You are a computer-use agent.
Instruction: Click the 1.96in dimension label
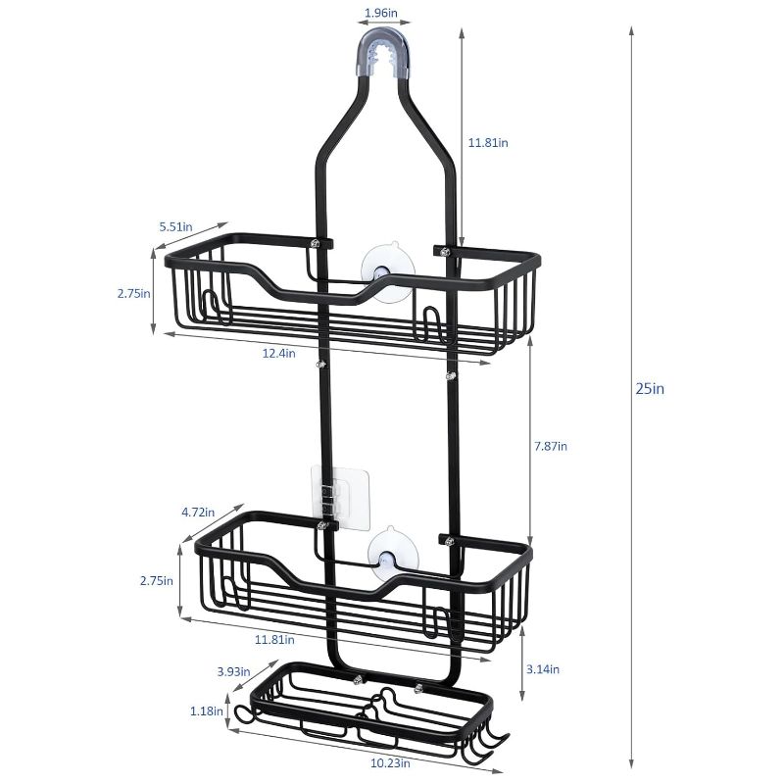(x=381, y=13)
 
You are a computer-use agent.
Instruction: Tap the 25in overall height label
(x=650, y=388)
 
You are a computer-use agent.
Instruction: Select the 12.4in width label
(x=279, y=353)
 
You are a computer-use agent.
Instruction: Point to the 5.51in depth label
(x=176, y=227)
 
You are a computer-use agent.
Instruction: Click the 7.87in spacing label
(x=551, y=446)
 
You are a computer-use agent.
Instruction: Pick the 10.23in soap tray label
(x=390, y=763)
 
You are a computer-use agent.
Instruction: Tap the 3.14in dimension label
(x=543, y=669)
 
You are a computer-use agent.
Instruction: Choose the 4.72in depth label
(x=198, y=513)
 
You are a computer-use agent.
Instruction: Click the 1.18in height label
(x=207, y=710)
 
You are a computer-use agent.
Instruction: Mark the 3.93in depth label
(x=233, y=671)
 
